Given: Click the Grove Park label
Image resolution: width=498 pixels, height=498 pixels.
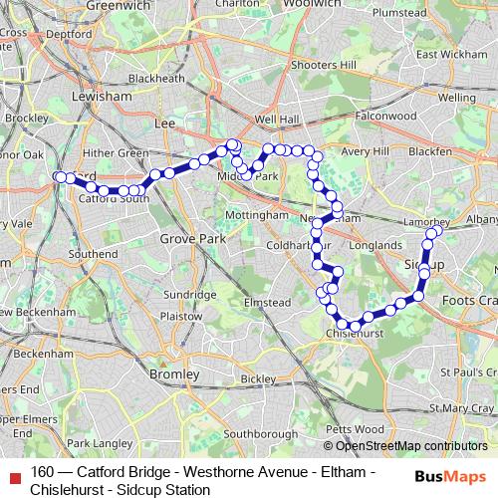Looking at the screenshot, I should [191, 239].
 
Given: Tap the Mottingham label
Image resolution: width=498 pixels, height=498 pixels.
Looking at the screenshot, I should [256, 215].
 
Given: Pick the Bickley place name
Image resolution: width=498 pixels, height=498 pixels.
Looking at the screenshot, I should [257, 379].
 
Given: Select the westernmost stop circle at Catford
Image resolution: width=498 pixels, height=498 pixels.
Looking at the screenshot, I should [61, 177].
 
